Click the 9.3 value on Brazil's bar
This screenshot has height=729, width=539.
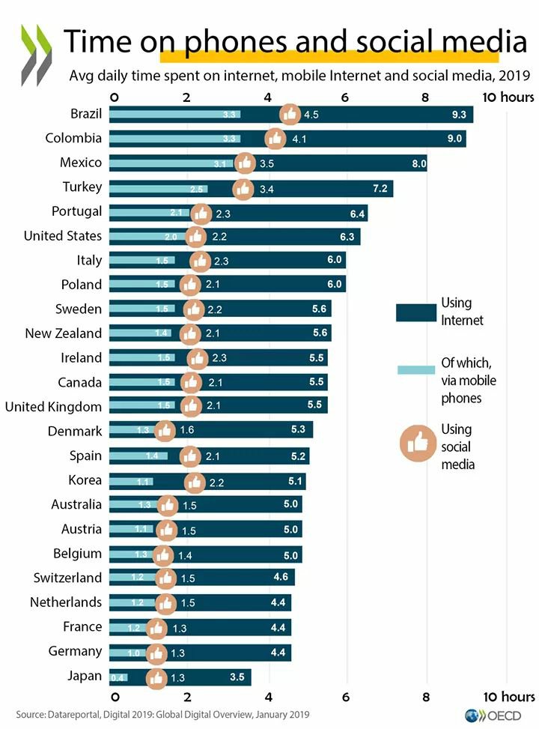459,115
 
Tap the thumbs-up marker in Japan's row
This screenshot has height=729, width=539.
156,678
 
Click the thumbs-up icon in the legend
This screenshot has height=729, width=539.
417,444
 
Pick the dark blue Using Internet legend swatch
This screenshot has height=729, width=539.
415,312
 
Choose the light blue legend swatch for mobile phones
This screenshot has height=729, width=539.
415,369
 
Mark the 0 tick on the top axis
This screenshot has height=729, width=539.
114,97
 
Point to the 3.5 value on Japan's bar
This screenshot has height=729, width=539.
237,678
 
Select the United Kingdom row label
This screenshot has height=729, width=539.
53,407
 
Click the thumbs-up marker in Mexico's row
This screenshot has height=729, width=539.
245,163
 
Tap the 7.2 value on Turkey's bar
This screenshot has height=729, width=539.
380,188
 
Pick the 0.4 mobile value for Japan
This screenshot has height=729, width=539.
118,678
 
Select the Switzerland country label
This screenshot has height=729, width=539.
67,578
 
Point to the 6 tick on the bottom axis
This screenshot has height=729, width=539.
346,697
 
